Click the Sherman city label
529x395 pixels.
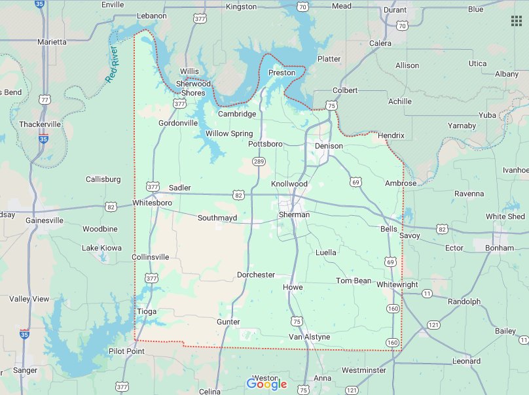coord(294,215)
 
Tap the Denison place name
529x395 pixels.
coord(329,146)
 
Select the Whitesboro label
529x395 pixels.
coord(152,203)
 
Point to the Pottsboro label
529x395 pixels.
coord(265,143)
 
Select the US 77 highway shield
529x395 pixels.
coord(45,99)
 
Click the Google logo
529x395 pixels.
coord(266,384)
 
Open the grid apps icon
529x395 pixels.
coord(517,20)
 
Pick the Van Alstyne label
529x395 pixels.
coord(310,337)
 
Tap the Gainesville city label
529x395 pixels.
coord(45,220)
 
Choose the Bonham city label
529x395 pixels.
coord(501,249)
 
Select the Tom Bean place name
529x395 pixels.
coord(354,281)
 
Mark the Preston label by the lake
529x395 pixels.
coord(282,73)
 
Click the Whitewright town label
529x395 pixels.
coord(397,284)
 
